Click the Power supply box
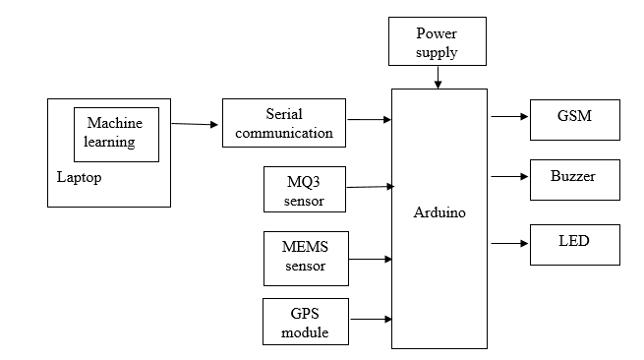pos(437,42)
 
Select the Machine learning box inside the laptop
pos(115,134)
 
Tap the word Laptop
pos(80,178)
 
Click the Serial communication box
pos(284,123)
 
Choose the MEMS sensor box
pos(305,258)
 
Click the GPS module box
pos(305,322)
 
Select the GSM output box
pos(575,118)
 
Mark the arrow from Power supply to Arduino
pos(438,79)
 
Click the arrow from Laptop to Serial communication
pos(195,124)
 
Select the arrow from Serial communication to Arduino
pos(369,120)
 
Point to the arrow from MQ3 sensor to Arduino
pos(369,186)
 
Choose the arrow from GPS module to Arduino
pos(371,319)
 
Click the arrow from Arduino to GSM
pos(508,116)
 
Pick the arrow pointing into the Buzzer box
pos(508,177)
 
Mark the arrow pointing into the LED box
pos(508,243)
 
